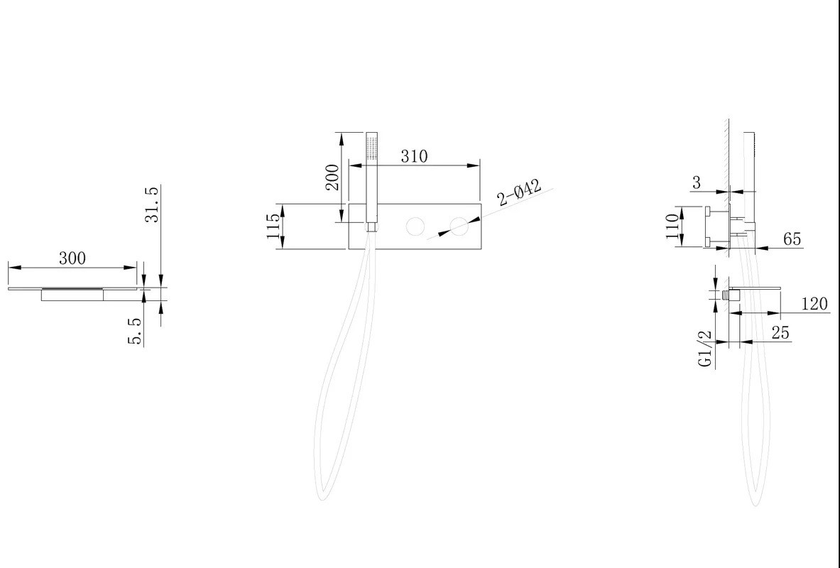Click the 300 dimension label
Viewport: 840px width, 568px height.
[x=72, y=258]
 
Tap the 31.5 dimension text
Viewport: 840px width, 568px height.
[x=152, y=204]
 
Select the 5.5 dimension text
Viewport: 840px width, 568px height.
[x=134, y=331]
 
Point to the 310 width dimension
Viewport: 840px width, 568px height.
[x=414, y=156]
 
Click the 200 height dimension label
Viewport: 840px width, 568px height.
[x=332, y=177]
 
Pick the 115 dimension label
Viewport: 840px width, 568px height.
[x=273, y=226]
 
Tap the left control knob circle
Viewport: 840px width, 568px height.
[x=415, y=226]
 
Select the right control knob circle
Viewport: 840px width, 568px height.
[x=459, y=226]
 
